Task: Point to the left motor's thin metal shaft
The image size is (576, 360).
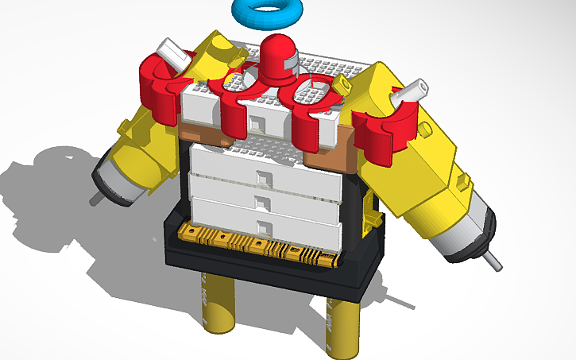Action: pos(95,199)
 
